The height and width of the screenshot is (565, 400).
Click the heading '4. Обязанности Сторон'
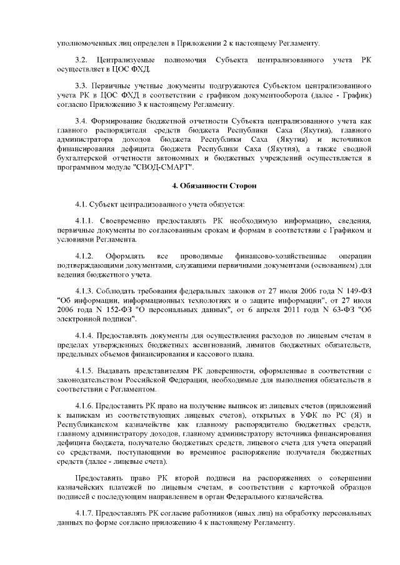coord(214,186)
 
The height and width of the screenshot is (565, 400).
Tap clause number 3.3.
coord(81,84)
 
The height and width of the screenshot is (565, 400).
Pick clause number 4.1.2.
coord(84,255)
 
